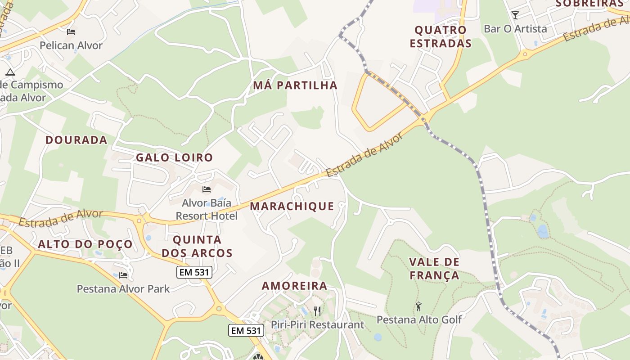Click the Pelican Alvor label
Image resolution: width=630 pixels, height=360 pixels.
tap(71, 45)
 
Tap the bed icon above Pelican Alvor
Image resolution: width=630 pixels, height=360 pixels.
tap(71, 31)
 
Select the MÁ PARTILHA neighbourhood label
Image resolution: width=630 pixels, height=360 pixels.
tap(295, 85)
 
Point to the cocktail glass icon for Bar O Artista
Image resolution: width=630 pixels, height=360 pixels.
tap(515, 15)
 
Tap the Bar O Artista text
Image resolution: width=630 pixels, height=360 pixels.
tap(515, 29)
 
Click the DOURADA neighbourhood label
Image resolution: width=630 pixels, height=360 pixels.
tap(76, 140)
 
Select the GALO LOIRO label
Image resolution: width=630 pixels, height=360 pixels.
tap(174, 157)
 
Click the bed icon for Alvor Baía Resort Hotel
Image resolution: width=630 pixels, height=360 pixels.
tap(207, 189)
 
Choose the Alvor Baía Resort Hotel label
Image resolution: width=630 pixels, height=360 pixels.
tap(207, 209)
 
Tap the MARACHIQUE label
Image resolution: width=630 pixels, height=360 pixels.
tap(292, 207)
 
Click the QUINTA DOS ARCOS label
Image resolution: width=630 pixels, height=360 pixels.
tap(197, 246)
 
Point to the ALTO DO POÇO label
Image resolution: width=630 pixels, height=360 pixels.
tap(85, 244)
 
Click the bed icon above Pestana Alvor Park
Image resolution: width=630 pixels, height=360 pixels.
tap(123, 275)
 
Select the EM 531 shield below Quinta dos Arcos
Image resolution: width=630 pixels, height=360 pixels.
tap(194, 272)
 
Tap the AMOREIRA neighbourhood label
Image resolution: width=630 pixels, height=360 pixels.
tap(294, 286)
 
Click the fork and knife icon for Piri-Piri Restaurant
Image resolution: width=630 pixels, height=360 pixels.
tap(317, 310)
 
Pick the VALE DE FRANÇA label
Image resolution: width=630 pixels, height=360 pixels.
tap(434, 269)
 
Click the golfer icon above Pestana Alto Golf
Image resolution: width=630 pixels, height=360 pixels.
tap(419, 306)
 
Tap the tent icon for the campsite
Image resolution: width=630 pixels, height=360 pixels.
tap(10, 72)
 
